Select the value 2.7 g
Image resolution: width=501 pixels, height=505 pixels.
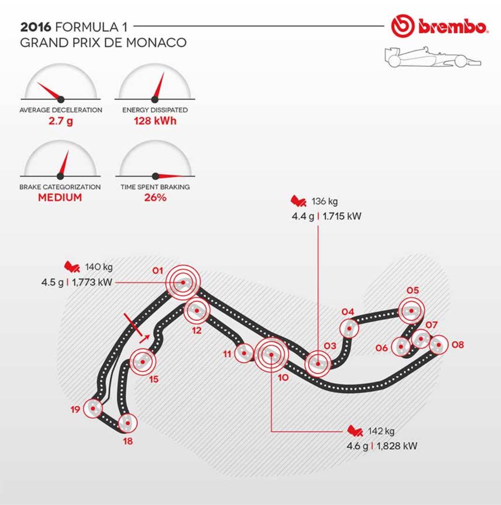[60, 123]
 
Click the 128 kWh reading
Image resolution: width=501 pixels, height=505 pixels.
[155, 123]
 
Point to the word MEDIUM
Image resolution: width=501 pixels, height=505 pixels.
[60, 197]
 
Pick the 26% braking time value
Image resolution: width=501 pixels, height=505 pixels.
[155, 197]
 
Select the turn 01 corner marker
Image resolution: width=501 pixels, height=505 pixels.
[183, 282]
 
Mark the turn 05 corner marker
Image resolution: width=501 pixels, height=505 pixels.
[411, 310]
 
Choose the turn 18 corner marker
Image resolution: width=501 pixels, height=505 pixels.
[126, 423]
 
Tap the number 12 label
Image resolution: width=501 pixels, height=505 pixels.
[197, 331]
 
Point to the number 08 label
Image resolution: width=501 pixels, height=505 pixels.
[458, 345]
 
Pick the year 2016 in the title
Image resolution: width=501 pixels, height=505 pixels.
[35, 27]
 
